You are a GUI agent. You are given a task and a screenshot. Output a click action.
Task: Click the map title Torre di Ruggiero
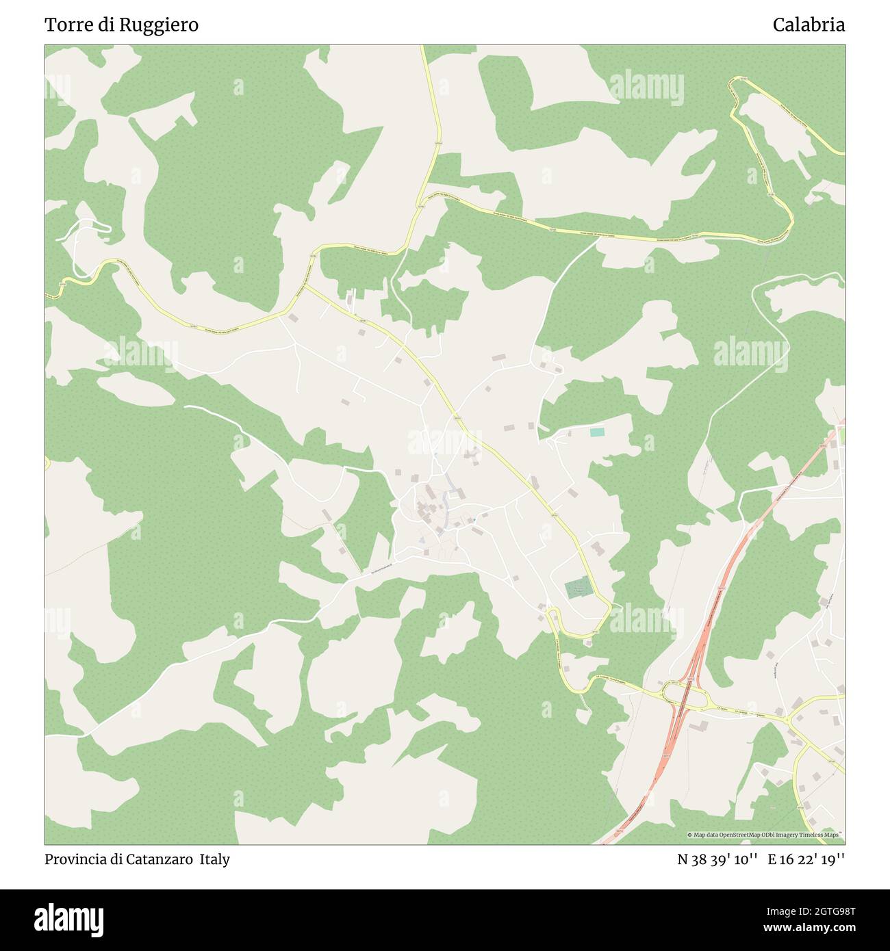(x=121, y=25)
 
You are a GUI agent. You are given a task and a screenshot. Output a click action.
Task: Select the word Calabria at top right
(x=809, y=25)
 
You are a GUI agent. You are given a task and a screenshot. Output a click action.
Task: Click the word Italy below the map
(x=215, y=859)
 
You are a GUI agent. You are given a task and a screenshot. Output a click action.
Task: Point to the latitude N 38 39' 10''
(x=717, y=859)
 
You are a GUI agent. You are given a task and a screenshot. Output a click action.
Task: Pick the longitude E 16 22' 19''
(x=806, y=859)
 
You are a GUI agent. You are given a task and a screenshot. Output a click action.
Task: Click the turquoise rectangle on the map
(x=597, y=432)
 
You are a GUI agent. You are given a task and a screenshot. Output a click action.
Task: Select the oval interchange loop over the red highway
(x=684, y=696)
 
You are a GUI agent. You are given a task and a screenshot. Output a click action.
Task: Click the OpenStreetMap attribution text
(x=765, y=835)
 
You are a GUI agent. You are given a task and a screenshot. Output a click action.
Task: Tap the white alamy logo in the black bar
(x=69, y=919)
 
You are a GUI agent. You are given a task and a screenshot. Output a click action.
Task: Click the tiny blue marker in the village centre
(x=473, y=520)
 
